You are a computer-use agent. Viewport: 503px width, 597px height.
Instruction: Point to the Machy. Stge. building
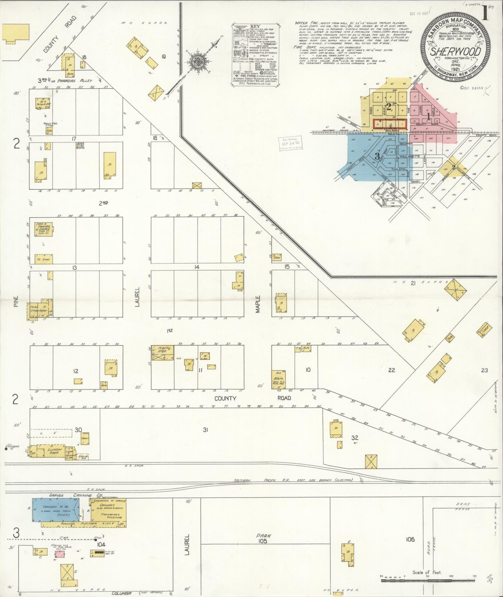(162, 353)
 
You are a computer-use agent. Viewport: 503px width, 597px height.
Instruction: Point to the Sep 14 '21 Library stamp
(289, 144)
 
